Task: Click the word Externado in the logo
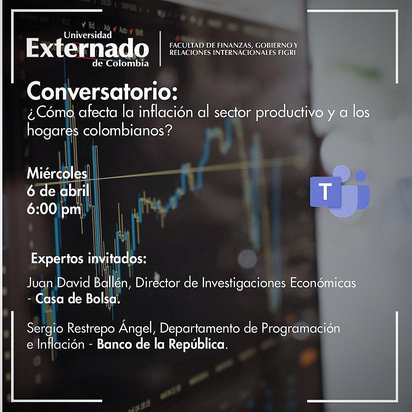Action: (87, 49)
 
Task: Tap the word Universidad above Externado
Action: (88, 35)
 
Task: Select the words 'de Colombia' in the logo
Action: (121, 63)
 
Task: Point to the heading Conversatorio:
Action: (102, 92)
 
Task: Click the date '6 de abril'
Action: (58, 191)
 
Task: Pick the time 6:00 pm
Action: (54, 209)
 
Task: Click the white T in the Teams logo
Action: (325, 192)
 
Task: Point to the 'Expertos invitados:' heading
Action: (89, 259)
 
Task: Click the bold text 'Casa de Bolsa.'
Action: (78, 299)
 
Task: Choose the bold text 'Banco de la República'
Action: (161, 344)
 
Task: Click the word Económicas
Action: (323, 283)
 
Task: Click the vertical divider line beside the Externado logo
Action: (161, 49)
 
